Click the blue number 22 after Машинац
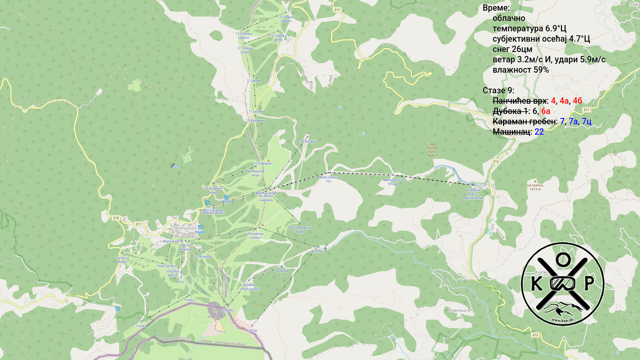[539, 132]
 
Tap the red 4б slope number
[577, 101]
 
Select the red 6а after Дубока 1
[546, 111]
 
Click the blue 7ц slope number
[587, 121]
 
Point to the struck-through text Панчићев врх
[519, 101]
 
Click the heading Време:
[496, 8]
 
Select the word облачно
[509, 18]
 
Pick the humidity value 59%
[541, 70]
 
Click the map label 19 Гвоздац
[307, 141]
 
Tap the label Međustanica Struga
[393, 182]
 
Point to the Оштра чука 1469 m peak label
[432, 151]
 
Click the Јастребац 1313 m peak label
[535, 187]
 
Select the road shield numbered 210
[116, 218]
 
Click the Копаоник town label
[186, 228]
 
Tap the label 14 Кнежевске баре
[299, 230]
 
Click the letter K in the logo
[536, 284]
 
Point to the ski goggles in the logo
[563, 283]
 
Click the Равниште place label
[460, 310]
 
